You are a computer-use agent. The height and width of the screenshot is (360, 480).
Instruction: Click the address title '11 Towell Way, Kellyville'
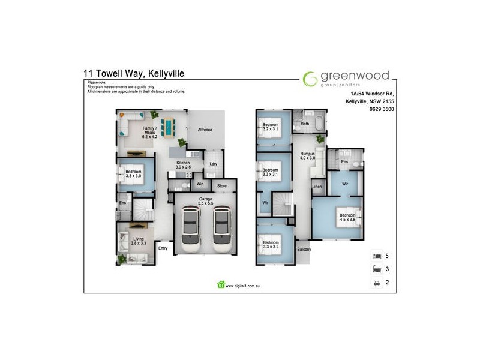pyautogui.click(x=135, y=74)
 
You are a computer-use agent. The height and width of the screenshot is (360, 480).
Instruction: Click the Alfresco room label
pyautogui.click(x=205, y=130)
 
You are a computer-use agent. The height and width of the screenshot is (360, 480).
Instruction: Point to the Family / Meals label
pyautogui.click(x=149, y=133)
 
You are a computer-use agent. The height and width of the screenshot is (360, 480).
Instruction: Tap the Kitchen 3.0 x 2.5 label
pyautogui.click(x=182, y=165)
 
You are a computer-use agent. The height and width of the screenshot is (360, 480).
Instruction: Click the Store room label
pyautogui.click(x=222, y=186)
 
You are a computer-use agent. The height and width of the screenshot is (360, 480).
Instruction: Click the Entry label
pyautogui.click(x=163, y=247)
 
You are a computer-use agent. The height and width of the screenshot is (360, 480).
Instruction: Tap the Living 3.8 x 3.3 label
pyautogui.click(x=139, y=241)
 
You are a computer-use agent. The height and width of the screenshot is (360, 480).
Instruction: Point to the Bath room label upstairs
pyautogui.click(x=305, y=124)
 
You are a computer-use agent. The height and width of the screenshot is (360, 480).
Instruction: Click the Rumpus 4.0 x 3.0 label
pyautogui.click(x=307, y=156)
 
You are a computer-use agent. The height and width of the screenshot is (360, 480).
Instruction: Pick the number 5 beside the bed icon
pyautogui.click(x=387, y=256)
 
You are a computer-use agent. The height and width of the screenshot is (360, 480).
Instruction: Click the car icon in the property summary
pyautogui.click(x=376, y=282)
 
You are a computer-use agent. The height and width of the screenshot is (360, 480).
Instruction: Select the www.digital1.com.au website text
pyautogui.click(x=245, y=286)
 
